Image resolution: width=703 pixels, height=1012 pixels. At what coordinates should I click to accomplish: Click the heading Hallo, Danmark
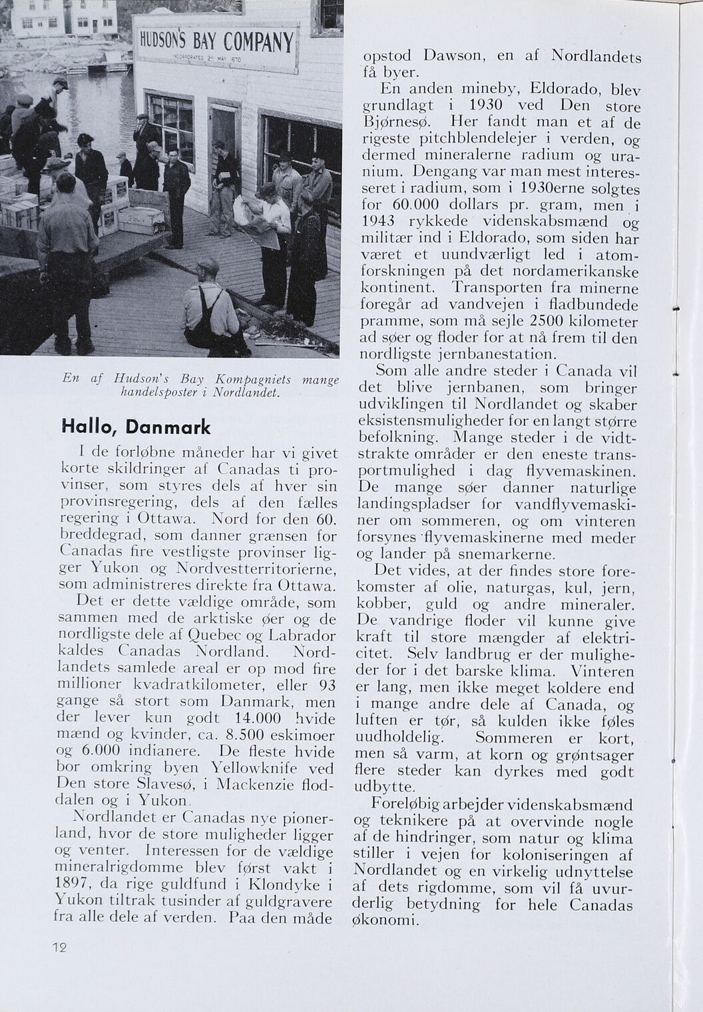(x=135, y=426)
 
